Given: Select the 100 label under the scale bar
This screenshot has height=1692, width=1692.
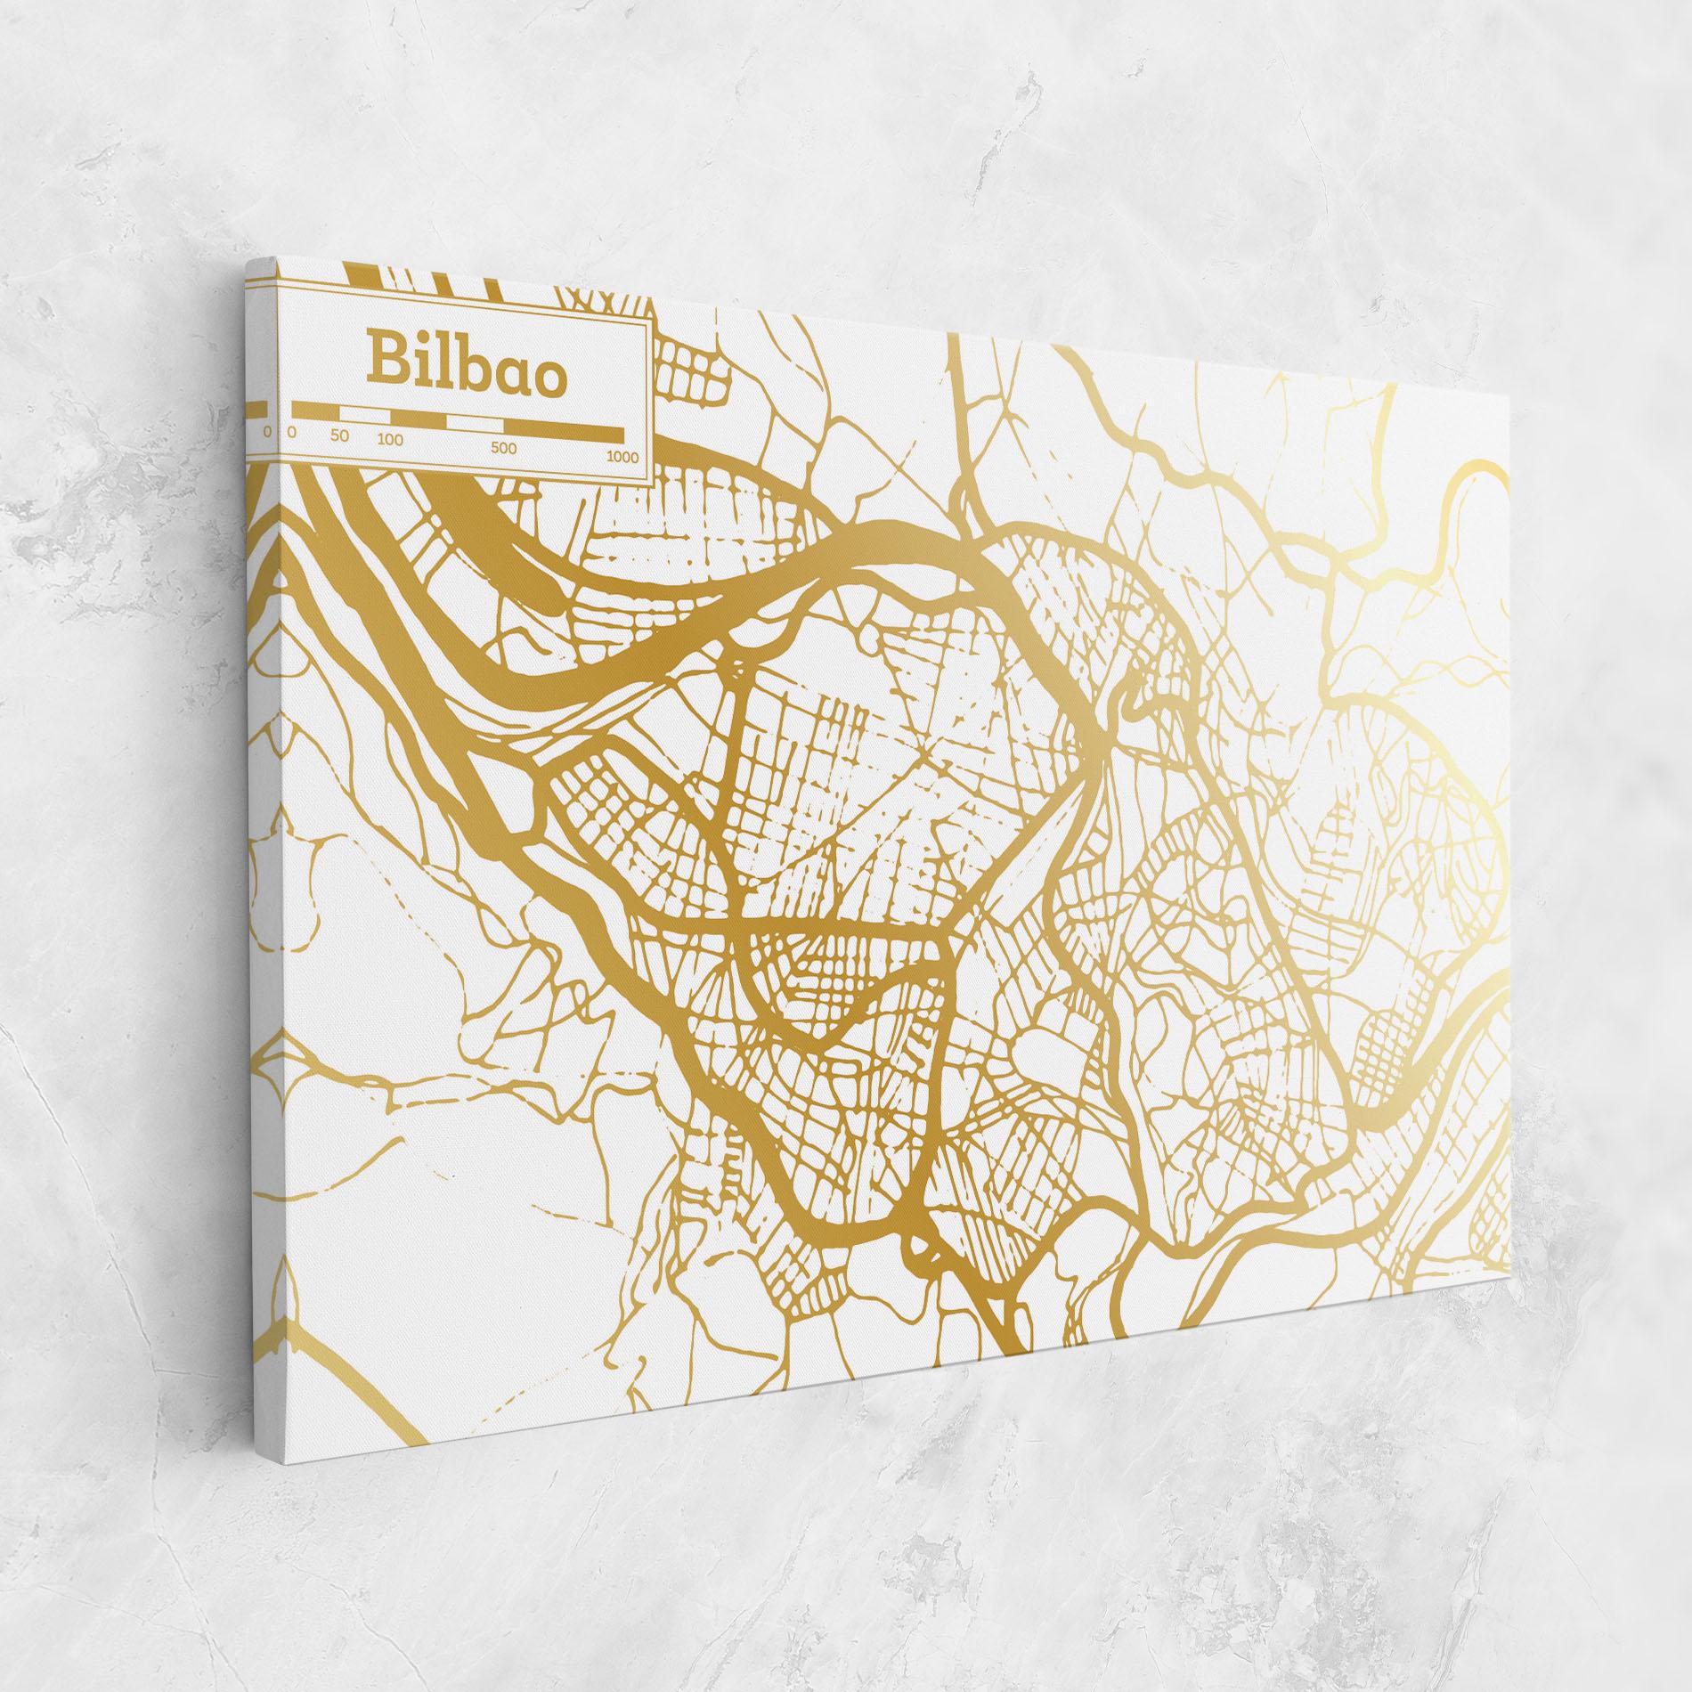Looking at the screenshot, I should point(389,440).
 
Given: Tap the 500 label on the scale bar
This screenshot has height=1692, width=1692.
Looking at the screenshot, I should point(503,448).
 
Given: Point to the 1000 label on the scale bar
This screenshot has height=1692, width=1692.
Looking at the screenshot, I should point(622,457).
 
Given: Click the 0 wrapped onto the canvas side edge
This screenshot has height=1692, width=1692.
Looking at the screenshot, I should point(266,432).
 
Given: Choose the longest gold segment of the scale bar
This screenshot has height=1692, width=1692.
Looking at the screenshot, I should point(563,433).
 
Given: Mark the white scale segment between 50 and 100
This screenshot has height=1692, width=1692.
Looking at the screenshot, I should point(365,414).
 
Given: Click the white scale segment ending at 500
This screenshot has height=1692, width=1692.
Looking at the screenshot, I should point(474,424).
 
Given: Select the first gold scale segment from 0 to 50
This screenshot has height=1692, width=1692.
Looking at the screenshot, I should point(315,411).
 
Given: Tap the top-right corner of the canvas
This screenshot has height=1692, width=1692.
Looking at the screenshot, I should point(1510,389).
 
